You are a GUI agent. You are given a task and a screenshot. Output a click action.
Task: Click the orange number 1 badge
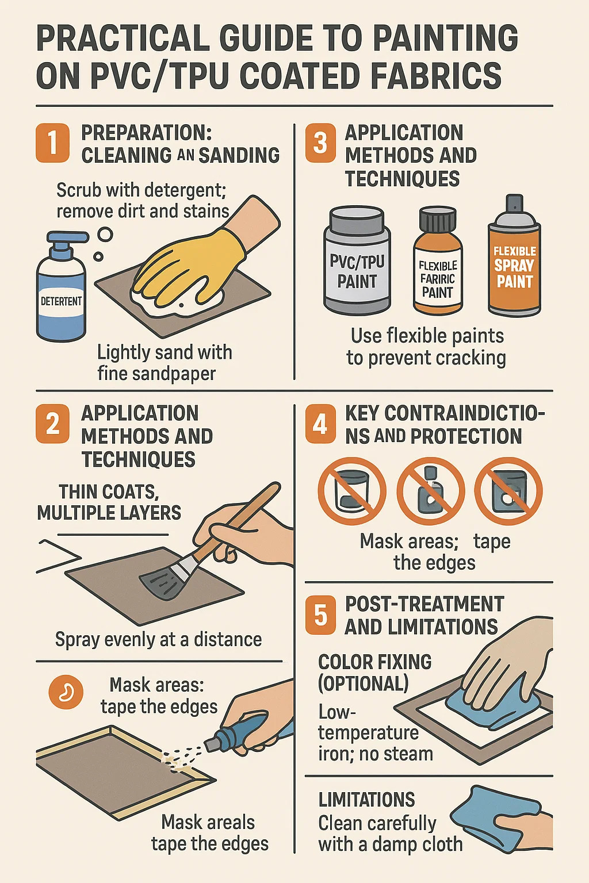tap(52, 143)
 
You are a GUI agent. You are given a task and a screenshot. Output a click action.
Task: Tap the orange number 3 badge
tap(321, 143)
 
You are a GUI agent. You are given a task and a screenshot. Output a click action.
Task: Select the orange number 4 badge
tap(321, 424)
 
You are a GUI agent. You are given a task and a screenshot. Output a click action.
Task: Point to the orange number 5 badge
tap(321, 615)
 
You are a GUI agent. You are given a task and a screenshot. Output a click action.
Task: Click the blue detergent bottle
tap(61, 287)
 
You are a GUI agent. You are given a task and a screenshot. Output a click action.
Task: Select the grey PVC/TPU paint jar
tap(357, 261)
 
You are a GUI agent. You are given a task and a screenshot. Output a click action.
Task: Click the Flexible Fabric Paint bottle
tap(438, 262)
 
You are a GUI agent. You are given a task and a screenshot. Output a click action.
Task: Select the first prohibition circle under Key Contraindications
tap(352, 491)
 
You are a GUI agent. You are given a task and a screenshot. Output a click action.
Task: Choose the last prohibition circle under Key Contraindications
tap(508, 491)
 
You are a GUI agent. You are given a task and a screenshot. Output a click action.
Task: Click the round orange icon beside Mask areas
tap(66, 692)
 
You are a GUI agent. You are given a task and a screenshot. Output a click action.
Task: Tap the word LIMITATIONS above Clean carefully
tap(366, 800)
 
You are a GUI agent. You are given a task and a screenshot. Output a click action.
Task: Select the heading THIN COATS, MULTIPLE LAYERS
tap(109, 502)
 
